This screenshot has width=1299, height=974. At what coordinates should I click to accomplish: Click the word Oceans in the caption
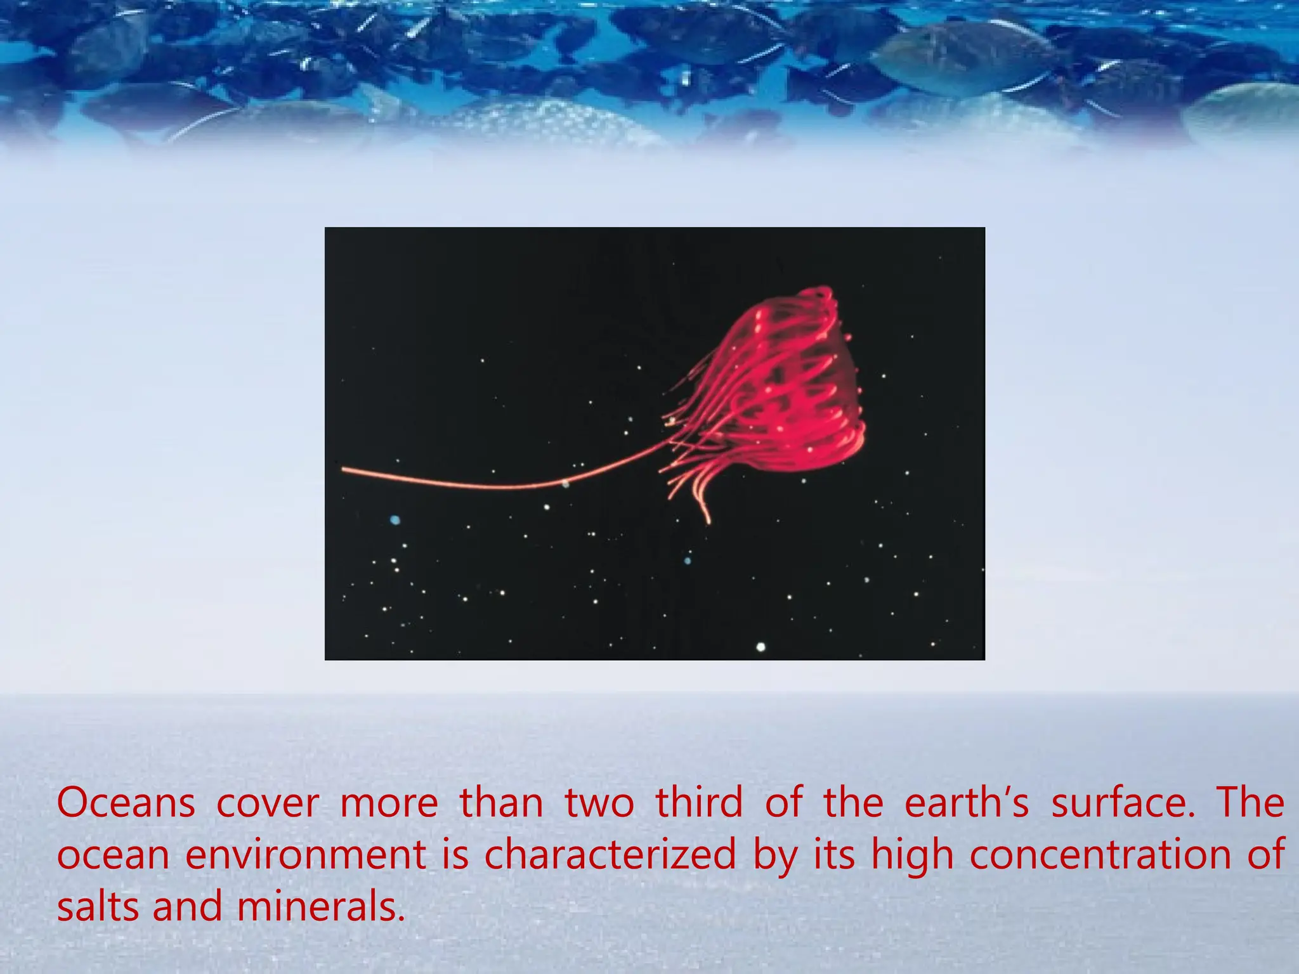126,803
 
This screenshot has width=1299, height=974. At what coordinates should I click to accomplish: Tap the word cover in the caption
268,803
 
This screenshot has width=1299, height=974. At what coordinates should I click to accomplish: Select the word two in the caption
599,803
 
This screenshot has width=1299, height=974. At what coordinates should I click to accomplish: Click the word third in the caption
699,803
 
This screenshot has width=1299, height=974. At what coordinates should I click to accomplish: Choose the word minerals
320,907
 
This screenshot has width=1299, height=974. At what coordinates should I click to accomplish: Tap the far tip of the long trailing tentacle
344,470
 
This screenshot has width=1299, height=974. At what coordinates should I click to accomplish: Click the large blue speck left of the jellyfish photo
395,520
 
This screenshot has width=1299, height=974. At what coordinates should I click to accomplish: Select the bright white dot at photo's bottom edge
760,647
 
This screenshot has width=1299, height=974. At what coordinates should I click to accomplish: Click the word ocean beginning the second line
113,855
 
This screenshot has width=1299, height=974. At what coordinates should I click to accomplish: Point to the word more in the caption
389,803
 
